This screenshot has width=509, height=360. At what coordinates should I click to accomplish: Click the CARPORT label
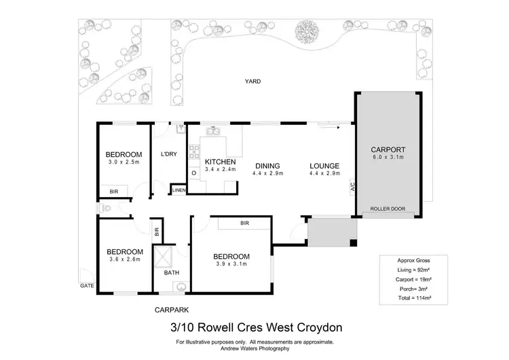point(388,149)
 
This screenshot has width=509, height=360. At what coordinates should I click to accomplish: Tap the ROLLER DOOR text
point(388,209)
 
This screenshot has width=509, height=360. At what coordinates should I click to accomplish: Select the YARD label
point(253,81)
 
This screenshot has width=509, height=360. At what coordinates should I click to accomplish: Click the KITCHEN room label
point(220,162)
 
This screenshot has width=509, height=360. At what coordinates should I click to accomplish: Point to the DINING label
point(268,166)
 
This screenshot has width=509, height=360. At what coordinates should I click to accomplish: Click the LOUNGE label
point(324,166)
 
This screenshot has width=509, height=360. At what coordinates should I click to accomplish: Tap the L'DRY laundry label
point(168,154)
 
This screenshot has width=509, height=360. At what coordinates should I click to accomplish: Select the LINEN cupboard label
point(178,190)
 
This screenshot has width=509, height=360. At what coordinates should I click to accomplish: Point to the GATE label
point(86,286)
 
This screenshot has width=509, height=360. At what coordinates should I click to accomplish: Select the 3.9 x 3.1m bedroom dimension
point(233,265)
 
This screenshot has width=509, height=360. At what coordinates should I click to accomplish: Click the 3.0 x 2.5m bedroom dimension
point(124,162)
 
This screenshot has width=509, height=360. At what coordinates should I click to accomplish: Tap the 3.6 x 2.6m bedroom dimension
point(124,259)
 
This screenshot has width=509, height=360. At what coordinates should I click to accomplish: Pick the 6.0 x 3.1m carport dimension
point(388,158)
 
